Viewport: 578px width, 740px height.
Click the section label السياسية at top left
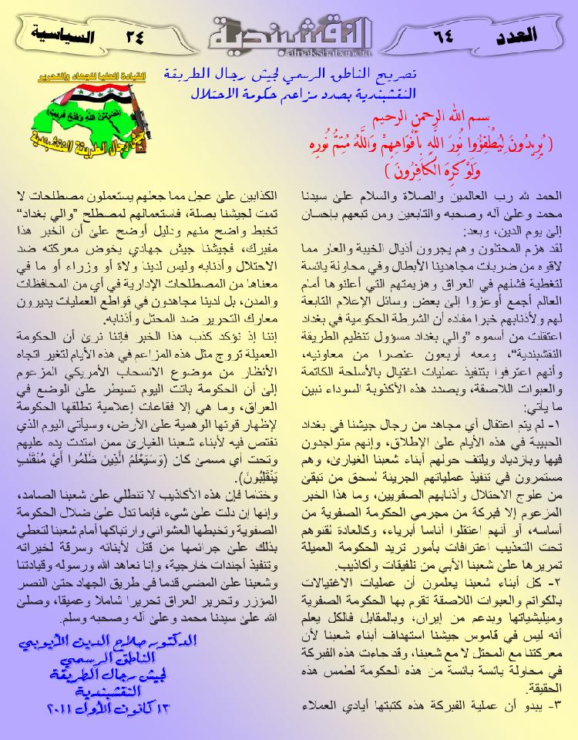click(55, 35)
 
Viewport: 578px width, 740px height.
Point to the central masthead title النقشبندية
click(289, 31)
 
